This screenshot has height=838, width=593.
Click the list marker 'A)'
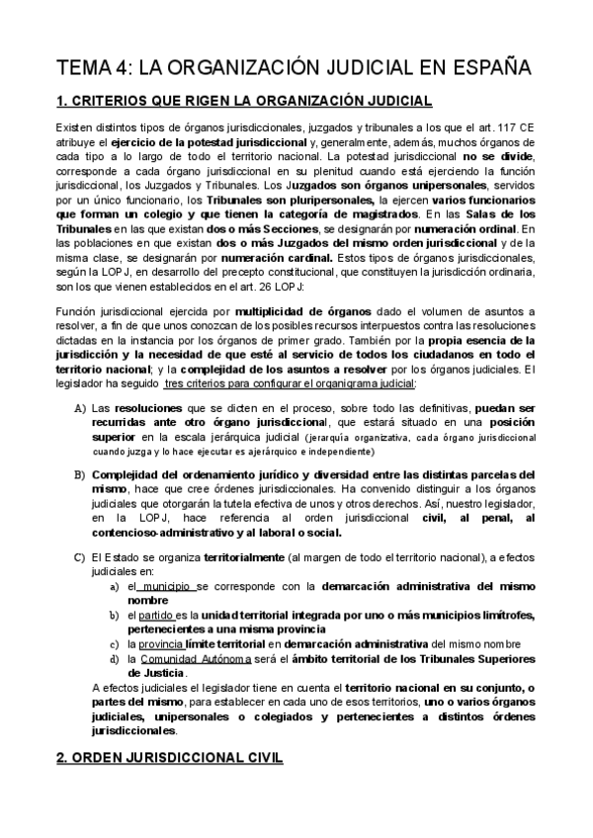pos(80,408)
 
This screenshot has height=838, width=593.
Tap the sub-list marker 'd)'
pos(115,659)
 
